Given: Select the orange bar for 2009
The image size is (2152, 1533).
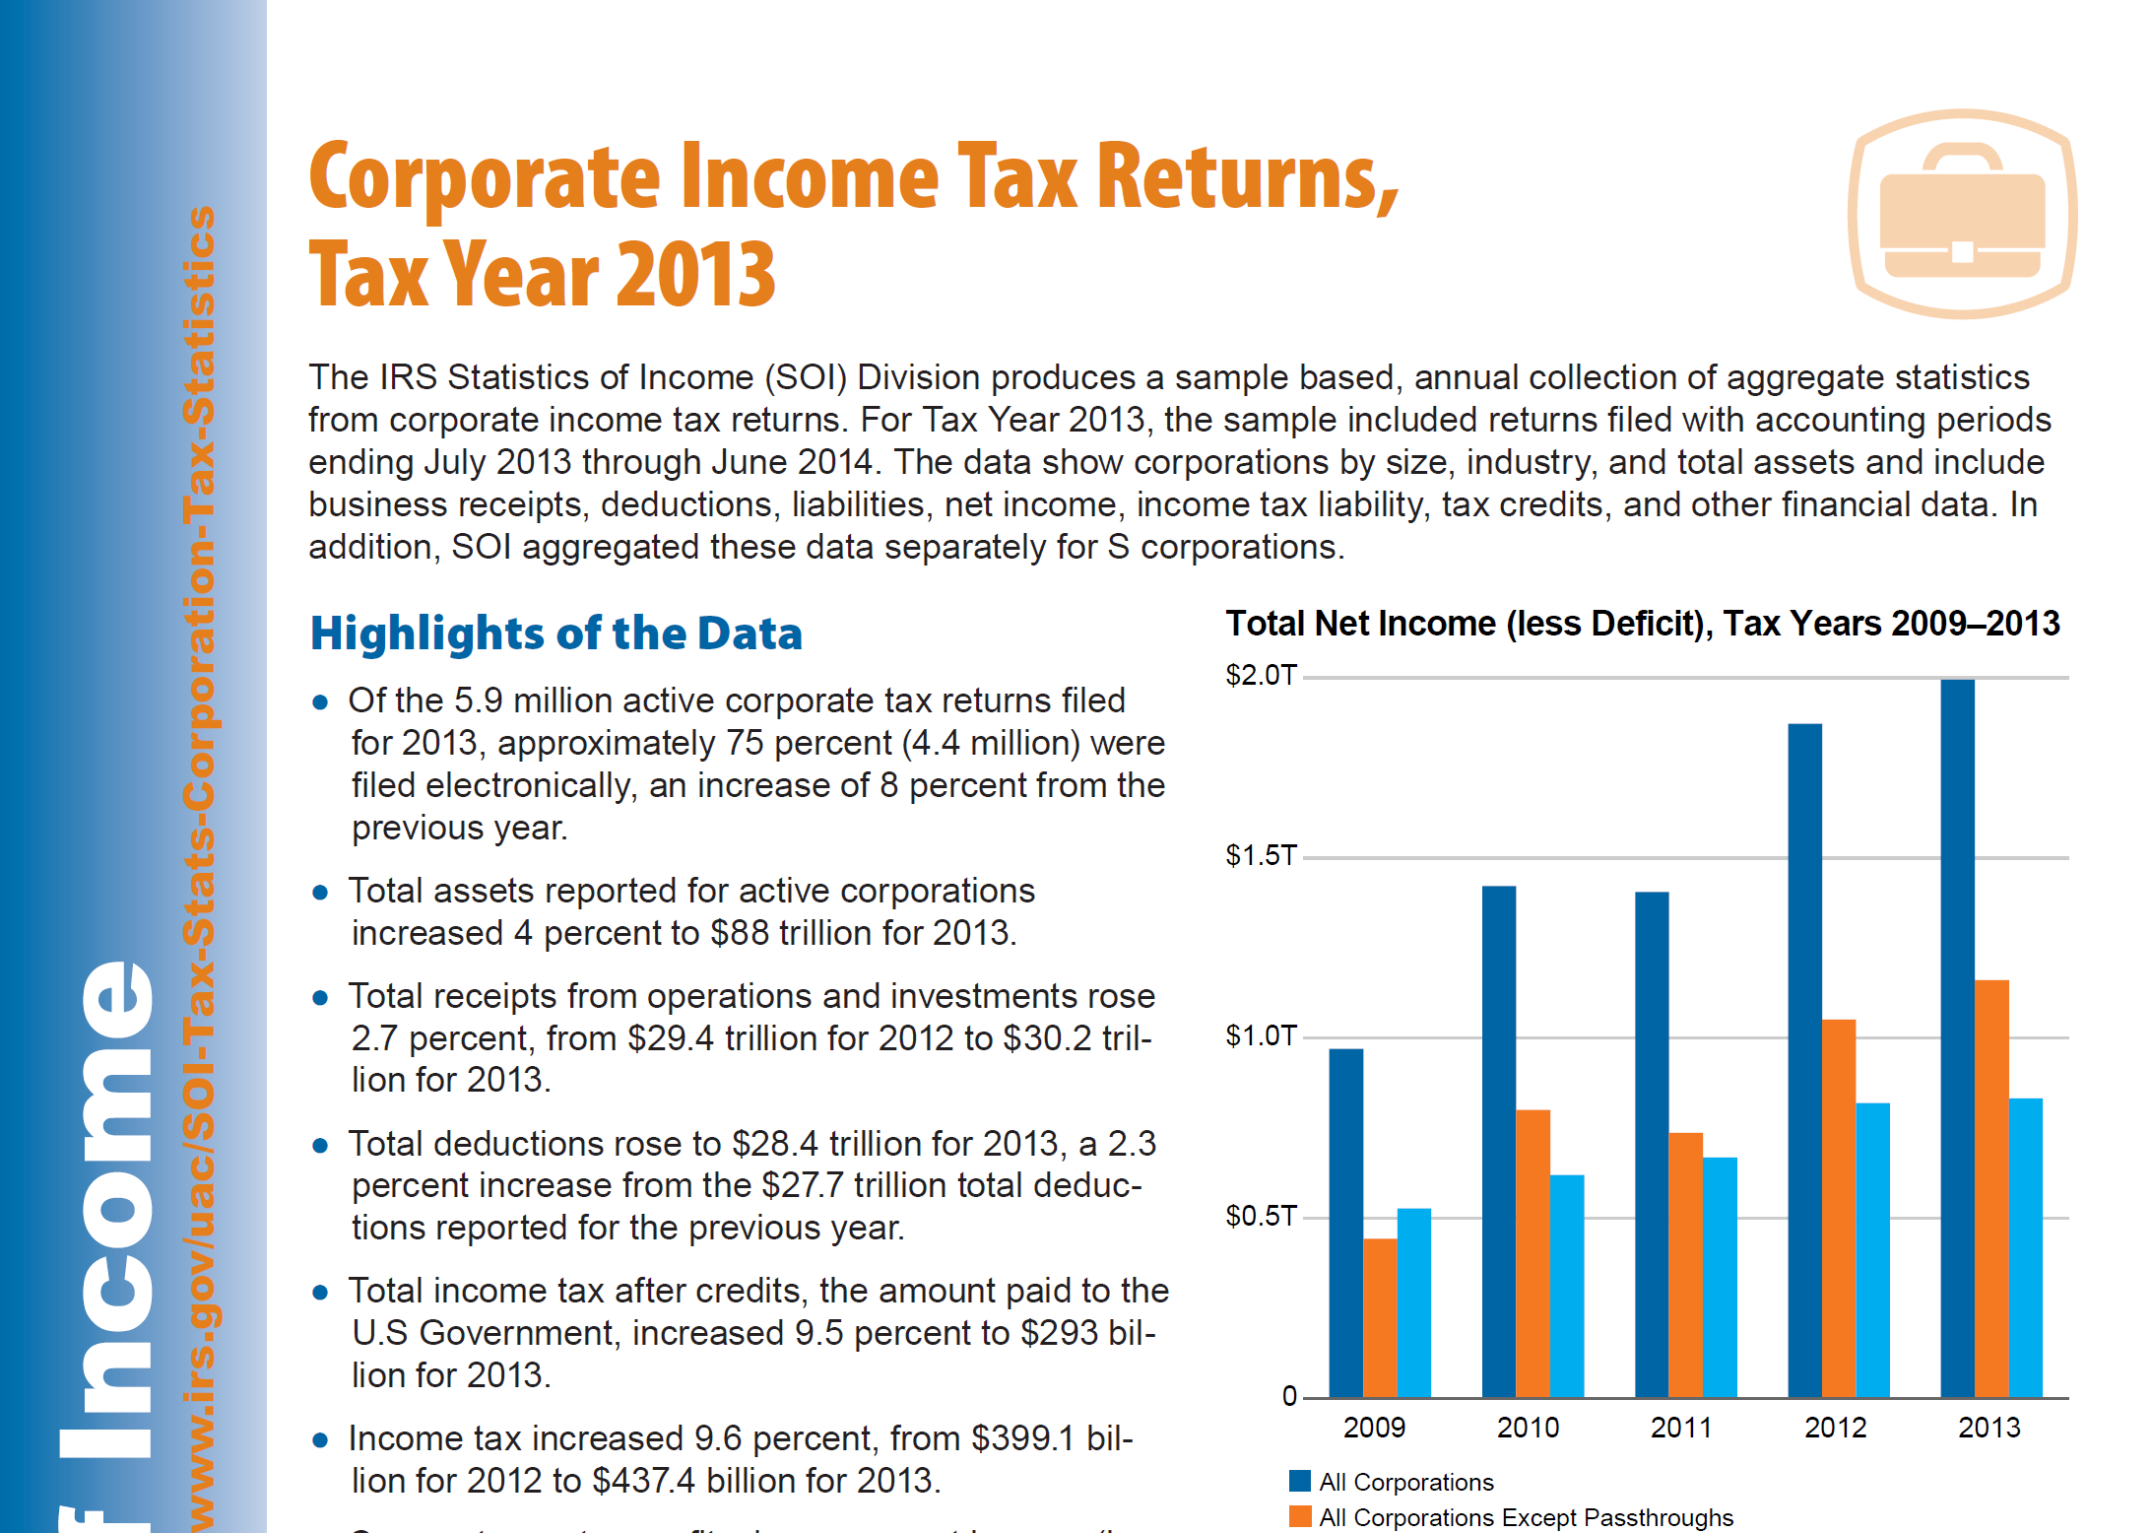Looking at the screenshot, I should [1380, 1317].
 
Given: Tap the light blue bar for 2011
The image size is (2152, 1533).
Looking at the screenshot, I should [1720, 1277].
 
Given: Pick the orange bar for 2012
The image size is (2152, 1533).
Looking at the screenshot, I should [1838, 1208].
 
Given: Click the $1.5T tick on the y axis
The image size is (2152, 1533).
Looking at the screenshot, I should [1261, 855].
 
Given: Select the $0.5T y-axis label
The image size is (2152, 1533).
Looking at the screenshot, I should [1261, 1216].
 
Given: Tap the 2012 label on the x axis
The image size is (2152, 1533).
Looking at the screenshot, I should [1835, 1428].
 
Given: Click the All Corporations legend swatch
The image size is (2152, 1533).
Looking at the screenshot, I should [1300, 1481].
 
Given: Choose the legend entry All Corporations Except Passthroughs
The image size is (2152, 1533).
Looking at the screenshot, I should [1525, 1517].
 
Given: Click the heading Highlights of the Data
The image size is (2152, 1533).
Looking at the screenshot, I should [555, 633].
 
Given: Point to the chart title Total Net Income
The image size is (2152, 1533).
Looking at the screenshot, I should [1642, 624].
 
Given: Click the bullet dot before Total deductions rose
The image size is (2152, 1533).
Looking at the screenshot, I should [320, 1145].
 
